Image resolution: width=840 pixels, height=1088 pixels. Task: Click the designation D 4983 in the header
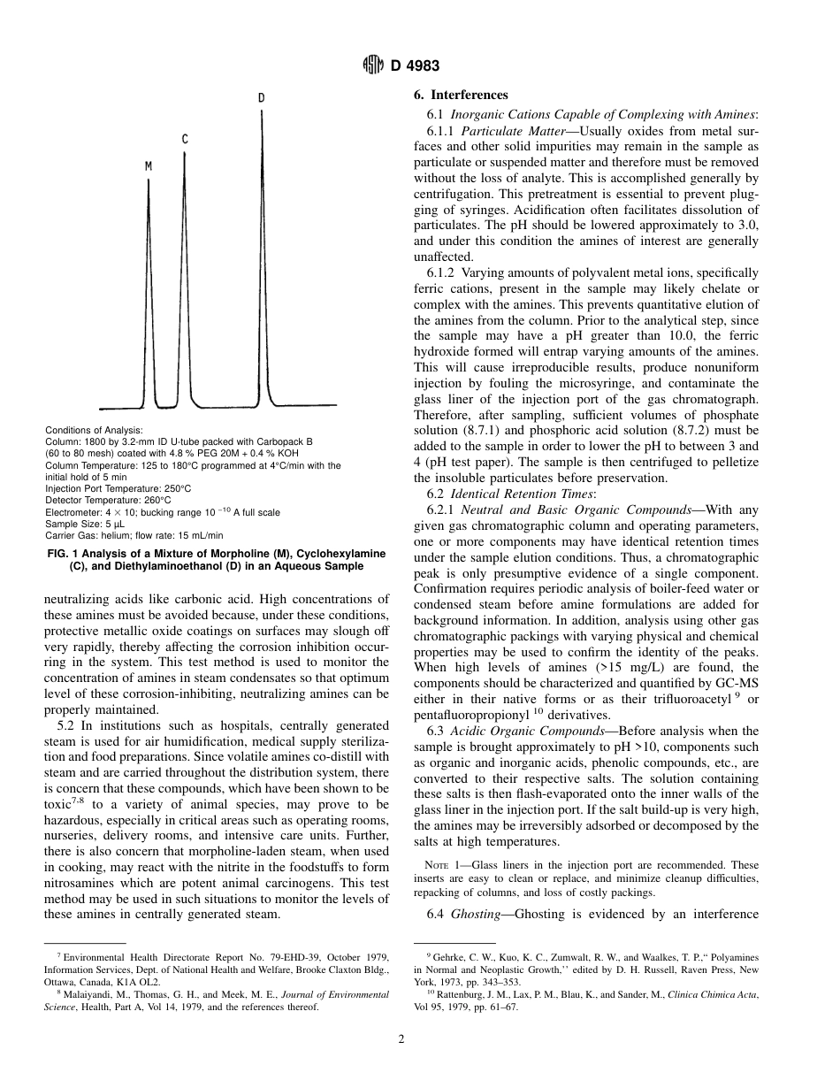pos(415,66)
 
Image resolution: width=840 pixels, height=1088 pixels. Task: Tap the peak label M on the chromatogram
pos(149,165)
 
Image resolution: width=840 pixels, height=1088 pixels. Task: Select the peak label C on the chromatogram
pos(185,140)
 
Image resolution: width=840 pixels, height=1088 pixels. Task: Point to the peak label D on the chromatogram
pos(261,97)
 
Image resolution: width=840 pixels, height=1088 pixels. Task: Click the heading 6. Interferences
pos(461,96)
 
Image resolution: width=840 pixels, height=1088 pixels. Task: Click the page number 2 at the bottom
pos(401,1039)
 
